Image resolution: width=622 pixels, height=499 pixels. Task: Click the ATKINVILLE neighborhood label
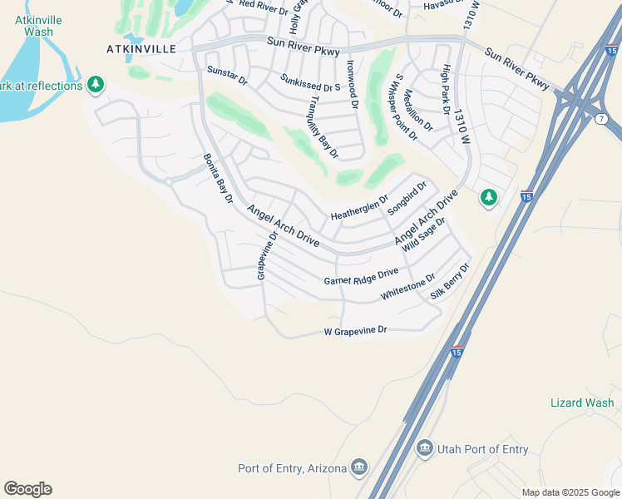(x=141, y=49)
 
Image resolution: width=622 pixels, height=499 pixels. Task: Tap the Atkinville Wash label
(x=34, y=25)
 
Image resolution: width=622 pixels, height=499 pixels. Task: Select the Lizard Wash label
(x=582, y=403)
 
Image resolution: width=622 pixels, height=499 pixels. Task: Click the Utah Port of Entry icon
(x=425, y=449)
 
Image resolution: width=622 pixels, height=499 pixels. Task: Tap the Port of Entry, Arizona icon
(x=359, y=467)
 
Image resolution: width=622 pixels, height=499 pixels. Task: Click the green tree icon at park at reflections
(x=96, y=85)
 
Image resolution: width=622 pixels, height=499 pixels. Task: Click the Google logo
(x=27, y=489)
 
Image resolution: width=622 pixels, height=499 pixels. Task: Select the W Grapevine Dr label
(x=356, y=331)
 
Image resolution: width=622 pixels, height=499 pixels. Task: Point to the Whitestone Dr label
(x=407, y=287)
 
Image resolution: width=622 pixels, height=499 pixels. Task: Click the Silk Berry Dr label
(x=451, y=281)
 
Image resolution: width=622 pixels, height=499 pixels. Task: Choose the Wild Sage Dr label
(x=424, y=234)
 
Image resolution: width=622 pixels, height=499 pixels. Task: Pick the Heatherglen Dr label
(x=359, y=208)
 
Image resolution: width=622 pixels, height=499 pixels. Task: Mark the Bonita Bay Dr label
(x=218, y=178)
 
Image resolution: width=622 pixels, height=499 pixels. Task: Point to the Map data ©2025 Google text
(x=570, y=492)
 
